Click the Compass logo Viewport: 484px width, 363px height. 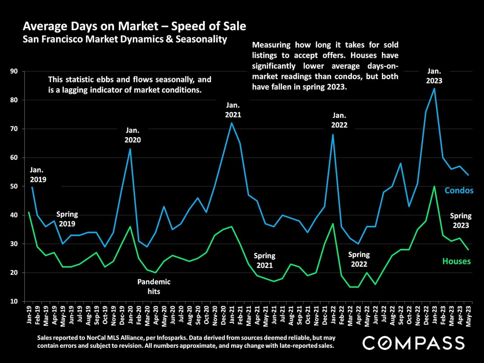coord(414,343)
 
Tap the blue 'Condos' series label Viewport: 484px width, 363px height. coord(459,190)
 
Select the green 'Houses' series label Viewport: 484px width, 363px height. coord(456,261)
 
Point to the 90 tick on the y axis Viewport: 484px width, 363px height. coord(14,71)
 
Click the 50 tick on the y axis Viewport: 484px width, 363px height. coord(14,186)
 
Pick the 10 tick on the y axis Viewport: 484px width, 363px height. coord(14,301)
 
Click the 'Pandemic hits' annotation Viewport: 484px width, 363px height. coord(154,287)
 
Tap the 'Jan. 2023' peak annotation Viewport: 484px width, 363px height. coord(434,76)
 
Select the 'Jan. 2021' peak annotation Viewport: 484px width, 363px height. coord(233,110)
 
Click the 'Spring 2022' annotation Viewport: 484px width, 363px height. coord(359,259)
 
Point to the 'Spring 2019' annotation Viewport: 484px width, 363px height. coord(67,219)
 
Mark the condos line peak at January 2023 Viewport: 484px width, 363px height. coord(434,88)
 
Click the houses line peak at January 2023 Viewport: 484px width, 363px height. coord(434,186)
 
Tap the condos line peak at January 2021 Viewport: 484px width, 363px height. coord(231,123)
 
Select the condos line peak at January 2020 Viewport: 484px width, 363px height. coord(130,149)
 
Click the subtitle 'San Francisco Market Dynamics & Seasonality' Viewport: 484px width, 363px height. coord(125,39)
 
